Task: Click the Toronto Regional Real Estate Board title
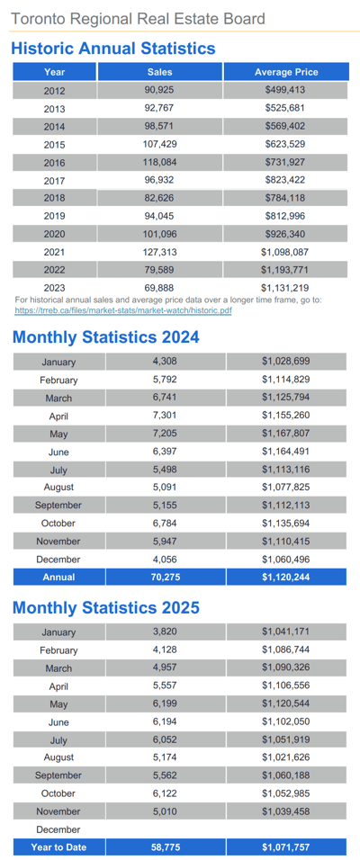pyautogui.click(x=138, y=19)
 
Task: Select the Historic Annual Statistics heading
pyautogui.click(x=113, y=48)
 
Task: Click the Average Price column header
pyautogui.click(x=285, y=72)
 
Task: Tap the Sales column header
pyautogui.click(x=159, y=72)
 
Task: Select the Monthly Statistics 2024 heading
pyautogui.click(x=105, y=337)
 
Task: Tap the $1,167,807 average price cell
pyautogui.click(x=285, y=434)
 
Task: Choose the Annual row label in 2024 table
pyautogui.click(x=58, y=577)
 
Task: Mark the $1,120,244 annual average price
pyautogui.click(x=285, y=577)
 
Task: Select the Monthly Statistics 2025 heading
pyautogui.click(x=105, y=607)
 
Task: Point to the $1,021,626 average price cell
pyautogui.click(x=285, y=757)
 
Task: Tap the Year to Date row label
pyautogui.click(x=58, y=847)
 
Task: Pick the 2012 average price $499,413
pyautogui.click(x=285, y=90)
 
